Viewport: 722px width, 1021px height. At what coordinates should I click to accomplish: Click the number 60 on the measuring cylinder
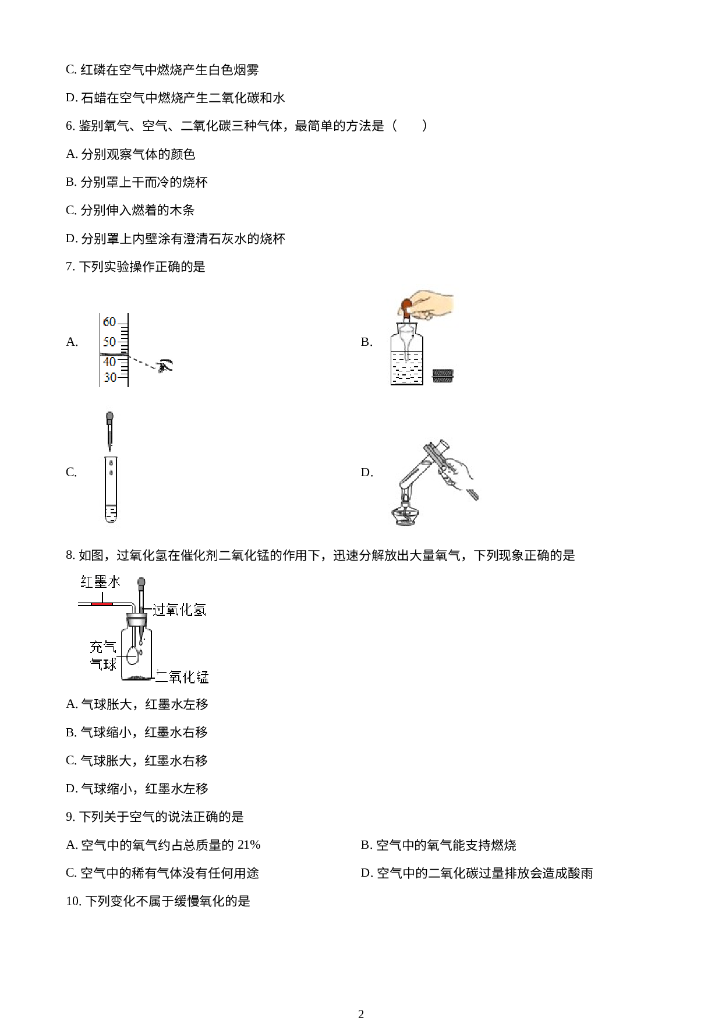pyautogui.click(x=109, y=322)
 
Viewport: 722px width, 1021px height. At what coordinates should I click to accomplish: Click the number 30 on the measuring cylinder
pyautogui.click(x=109, y=377)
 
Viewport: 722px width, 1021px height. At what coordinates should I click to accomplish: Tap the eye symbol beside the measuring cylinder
pyautogui.click(x=166, y=366)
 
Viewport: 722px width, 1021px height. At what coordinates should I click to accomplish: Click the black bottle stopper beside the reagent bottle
pyautogui.click(x=443, y=375)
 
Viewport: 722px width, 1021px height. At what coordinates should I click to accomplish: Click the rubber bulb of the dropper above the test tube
pyautogui.click(x=109, y=419)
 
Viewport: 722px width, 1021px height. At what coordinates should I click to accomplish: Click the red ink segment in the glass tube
pyautogui.click(x=101, y=604)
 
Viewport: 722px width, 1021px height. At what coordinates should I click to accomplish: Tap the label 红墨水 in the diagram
pyautogui.click(x=100, y=582)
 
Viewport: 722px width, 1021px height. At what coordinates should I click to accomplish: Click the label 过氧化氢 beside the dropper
pyautogui.click(x=179, y=609)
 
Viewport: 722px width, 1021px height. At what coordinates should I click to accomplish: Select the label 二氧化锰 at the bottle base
pyautogui.click(x=182, y=677)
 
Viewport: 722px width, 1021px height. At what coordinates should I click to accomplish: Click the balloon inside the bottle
pyautogui.click(x=133, y=656)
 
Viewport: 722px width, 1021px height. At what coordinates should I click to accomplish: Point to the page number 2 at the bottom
pyautogui.click(x=361, y=1013)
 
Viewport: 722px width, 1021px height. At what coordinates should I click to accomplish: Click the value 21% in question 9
pyautogui.click(x=249, y=845)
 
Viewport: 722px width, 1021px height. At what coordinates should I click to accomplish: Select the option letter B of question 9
pyautogui.click(x=366, y=845)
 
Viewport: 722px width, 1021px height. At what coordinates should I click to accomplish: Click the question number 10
pyautogui.click(x=73, y=901)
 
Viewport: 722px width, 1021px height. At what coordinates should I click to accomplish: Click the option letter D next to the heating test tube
pyautogui.click(x=367, y=472)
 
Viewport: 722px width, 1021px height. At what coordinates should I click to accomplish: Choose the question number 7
pyautogui.click(x=70, y=267)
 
